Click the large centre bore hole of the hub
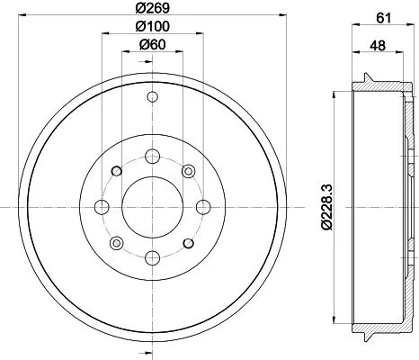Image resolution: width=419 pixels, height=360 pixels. click(x=152, y=207)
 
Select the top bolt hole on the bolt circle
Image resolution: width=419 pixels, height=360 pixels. click(x=152, y=156)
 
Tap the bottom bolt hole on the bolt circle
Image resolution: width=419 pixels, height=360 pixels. click(x=152, y=258)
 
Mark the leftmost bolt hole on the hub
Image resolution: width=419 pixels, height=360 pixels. click(x=102, y=207)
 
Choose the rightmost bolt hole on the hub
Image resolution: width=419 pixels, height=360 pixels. click(x=203, y=207)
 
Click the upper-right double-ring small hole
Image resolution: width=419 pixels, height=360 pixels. click(x=188, y=171)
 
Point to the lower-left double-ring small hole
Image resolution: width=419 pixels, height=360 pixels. click(x=116, y=243)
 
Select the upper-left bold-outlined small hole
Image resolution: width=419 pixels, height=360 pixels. click(x=116, y=171)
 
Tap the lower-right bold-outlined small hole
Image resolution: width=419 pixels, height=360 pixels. click(x=188, y=243)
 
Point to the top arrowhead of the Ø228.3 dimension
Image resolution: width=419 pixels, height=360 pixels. click(x=334, y=94)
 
